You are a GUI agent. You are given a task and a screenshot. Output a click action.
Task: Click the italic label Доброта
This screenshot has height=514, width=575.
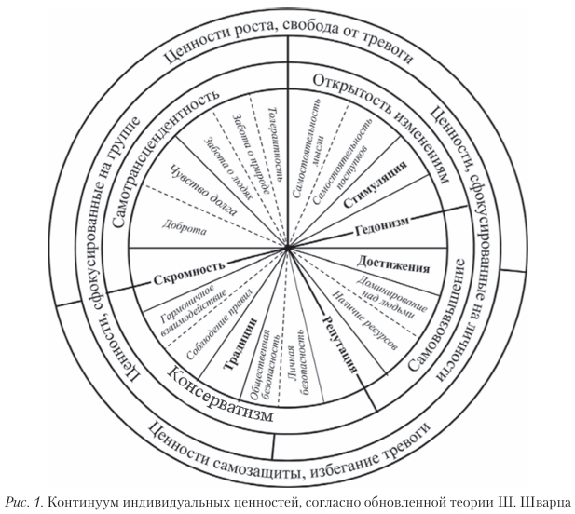click(183, 224)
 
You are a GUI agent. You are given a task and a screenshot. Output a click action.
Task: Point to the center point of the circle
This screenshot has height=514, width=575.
click(288, 250)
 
